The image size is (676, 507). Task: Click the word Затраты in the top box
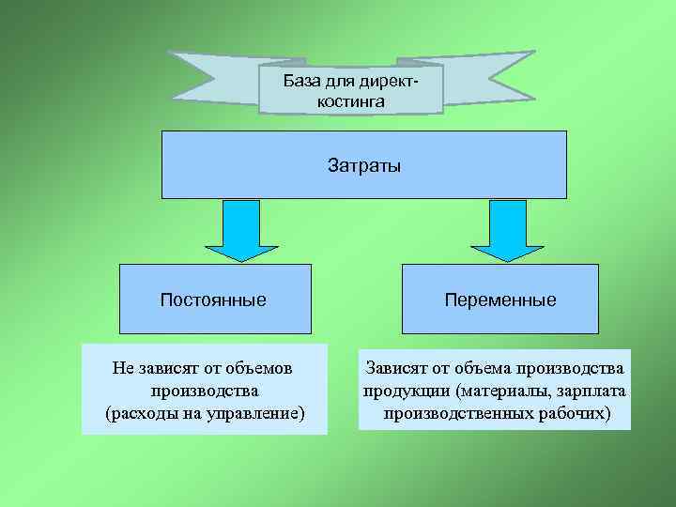(364, 166)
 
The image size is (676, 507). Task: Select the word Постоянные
(213, 300)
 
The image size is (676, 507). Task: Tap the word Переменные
(500, 300)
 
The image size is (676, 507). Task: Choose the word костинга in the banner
(350, 100)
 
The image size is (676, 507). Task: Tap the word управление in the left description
(254, 412)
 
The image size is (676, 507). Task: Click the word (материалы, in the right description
(499, 389)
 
